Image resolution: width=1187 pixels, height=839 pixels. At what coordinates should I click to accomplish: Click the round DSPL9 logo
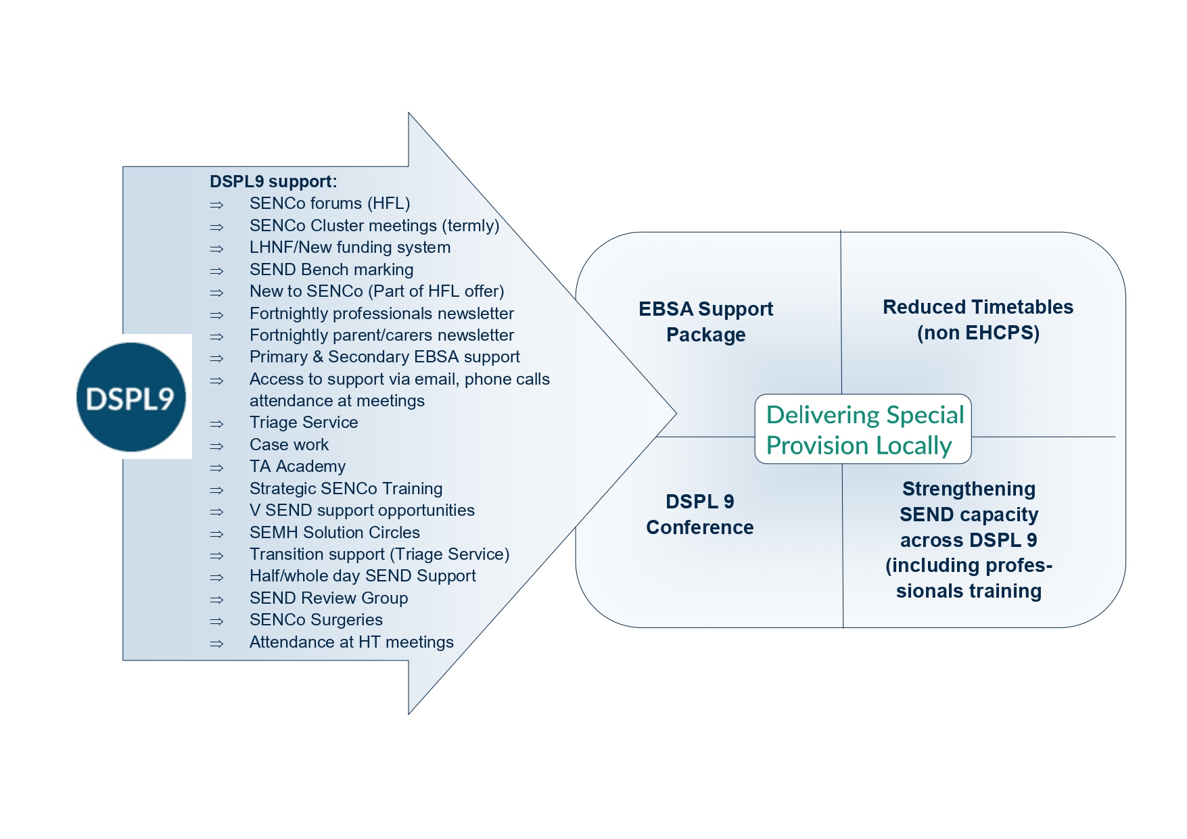131,398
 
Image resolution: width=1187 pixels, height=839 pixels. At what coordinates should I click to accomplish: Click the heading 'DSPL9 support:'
273,182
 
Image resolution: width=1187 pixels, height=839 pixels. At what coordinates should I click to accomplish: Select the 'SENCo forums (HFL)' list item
329,203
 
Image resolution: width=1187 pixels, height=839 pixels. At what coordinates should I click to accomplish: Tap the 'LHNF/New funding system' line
350,247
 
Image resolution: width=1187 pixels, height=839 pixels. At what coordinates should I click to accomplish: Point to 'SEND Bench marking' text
331,270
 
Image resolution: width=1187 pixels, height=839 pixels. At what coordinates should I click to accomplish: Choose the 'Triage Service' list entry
304,423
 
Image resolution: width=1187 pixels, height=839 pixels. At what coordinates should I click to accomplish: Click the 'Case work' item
289,445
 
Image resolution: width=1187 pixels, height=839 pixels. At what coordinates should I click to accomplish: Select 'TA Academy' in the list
298,466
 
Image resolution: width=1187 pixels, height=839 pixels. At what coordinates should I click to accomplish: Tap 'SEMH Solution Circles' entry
335,533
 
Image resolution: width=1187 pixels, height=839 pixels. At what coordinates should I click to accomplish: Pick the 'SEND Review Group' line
329,598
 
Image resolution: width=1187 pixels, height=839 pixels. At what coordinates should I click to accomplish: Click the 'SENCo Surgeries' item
316,620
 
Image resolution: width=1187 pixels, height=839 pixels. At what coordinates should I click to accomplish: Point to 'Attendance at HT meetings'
352,642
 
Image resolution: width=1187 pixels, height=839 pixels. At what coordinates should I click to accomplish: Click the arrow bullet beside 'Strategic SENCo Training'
216,490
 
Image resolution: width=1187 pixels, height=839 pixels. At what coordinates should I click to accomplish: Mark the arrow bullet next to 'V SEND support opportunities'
216,512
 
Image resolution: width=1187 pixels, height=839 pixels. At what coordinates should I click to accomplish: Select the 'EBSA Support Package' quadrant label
705,322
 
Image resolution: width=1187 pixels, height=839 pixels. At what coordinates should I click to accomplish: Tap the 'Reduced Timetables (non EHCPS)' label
978,320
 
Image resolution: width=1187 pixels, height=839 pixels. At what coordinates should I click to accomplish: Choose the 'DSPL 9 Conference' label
700,514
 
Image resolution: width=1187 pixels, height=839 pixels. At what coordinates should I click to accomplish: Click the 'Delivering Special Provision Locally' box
863,429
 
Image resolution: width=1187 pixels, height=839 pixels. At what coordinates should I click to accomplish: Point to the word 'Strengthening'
969,489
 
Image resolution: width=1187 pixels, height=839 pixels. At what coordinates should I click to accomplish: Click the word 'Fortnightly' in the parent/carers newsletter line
293,335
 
